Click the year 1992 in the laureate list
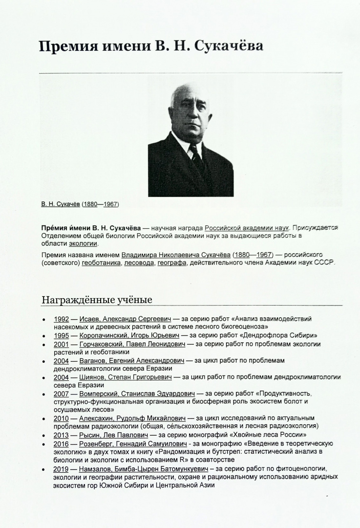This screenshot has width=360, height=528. click(x=61, y=319)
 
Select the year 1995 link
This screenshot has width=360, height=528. click(x=61, y=335)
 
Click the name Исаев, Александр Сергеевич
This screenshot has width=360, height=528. click(x=125, y=319)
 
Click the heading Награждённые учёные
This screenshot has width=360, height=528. click(x=97, y=300)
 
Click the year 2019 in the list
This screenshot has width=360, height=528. click(x=61, y=468)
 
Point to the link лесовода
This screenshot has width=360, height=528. click(x=138, y=263)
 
